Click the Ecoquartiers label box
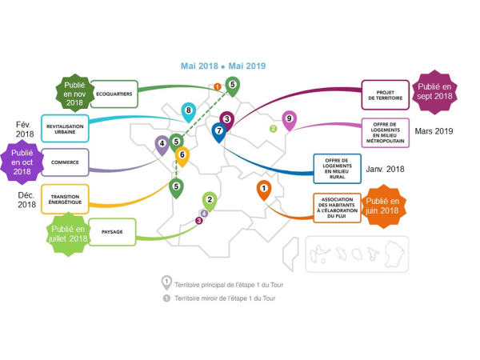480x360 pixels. click(x=114, y=94)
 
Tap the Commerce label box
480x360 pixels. click(x=64, y=162)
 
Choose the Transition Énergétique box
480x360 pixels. click(x=65, y=199)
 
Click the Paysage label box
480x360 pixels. click(x=111, y=231)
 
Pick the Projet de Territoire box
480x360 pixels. click(x=385, y=94)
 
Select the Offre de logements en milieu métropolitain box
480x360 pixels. click(x=385, y=132)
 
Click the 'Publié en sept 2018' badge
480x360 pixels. click(x=434, y=91)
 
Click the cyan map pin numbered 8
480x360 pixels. click(x=189, y=111)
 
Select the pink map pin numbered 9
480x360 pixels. click(x=289, y=120)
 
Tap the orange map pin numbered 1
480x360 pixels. click(x=263, y=189)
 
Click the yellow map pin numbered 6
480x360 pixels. click(x=182, y=156)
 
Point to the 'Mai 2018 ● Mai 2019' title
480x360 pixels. click(x=222, y=66)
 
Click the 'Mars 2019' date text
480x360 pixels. click(x=434, y=131)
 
